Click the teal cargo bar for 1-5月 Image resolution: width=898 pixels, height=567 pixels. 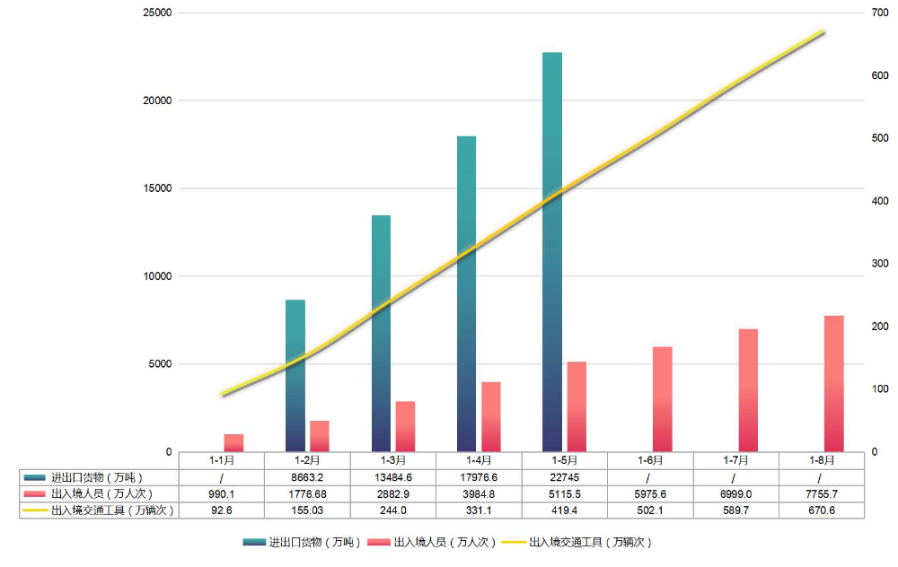pos(552,251)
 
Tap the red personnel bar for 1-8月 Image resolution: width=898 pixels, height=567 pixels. pos(833,383)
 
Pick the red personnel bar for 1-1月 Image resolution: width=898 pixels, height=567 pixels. pos(233,442)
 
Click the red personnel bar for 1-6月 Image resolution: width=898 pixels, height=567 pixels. pos(662,398)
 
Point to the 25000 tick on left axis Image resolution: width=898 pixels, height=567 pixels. pos(157,13)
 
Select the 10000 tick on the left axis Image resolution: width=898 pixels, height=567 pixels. pos(157,276)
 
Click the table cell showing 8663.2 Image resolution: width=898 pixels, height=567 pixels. pos(307,477)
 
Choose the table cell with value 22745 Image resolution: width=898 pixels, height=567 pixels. pos(565,477)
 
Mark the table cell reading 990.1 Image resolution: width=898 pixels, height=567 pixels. pos(222,493)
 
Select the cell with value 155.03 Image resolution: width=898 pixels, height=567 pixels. pos(307,510)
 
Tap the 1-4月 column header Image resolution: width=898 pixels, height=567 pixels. pos(479,460)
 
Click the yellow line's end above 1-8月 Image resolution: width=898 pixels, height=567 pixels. pos(822,32)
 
